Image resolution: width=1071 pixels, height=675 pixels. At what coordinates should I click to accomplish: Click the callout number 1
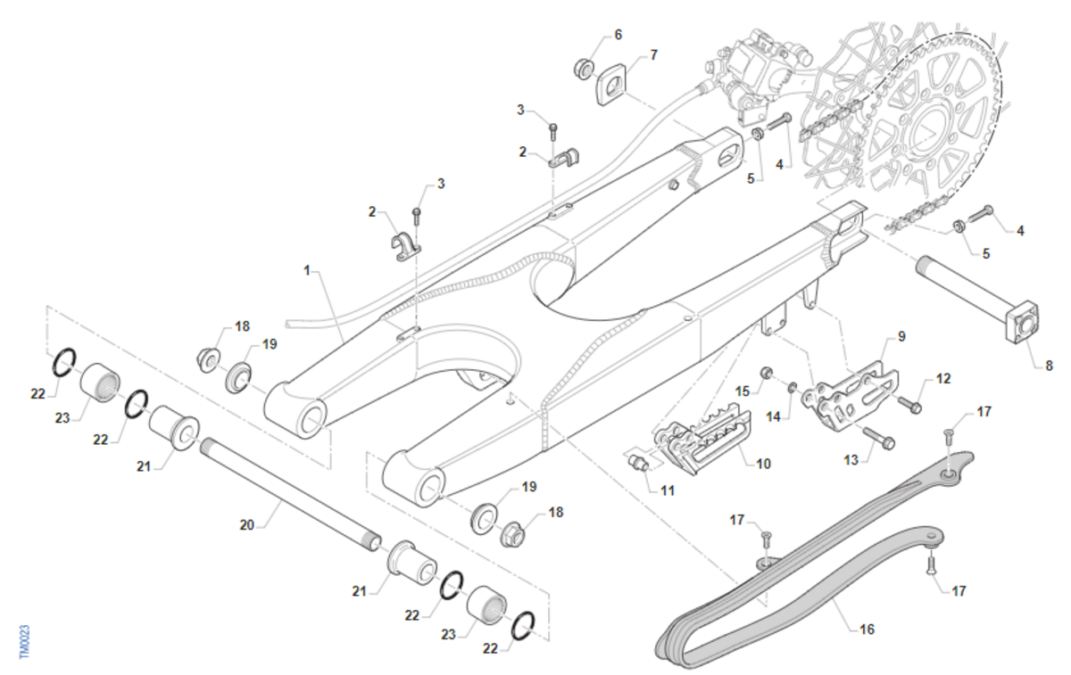pyautogui.click(x=307, y=269)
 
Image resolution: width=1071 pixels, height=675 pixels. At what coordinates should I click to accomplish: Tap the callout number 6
pyautogui.click(x=618, y=35)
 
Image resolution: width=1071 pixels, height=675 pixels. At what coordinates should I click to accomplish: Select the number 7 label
pyautogui.click(x=653, y=55)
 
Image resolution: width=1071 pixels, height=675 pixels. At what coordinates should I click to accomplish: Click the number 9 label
pyautogui.click(x=901, y=337)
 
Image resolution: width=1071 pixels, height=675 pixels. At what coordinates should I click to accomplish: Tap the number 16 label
pyautogui.click(x=867, y=630)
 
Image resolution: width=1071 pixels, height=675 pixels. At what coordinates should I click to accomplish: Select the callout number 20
pyautogui.click(x=247, y=525)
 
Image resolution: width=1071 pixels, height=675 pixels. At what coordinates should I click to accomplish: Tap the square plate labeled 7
pyautogui.click(x=611, y=84)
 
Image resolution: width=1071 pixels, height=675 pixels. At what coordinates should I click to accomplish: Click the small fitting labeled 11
pyautogui.click(x=638, y=462)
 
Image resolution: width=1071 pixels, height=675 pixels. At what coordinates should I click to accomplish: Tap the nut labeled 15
pyautogui.click(x=766, y=371)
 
